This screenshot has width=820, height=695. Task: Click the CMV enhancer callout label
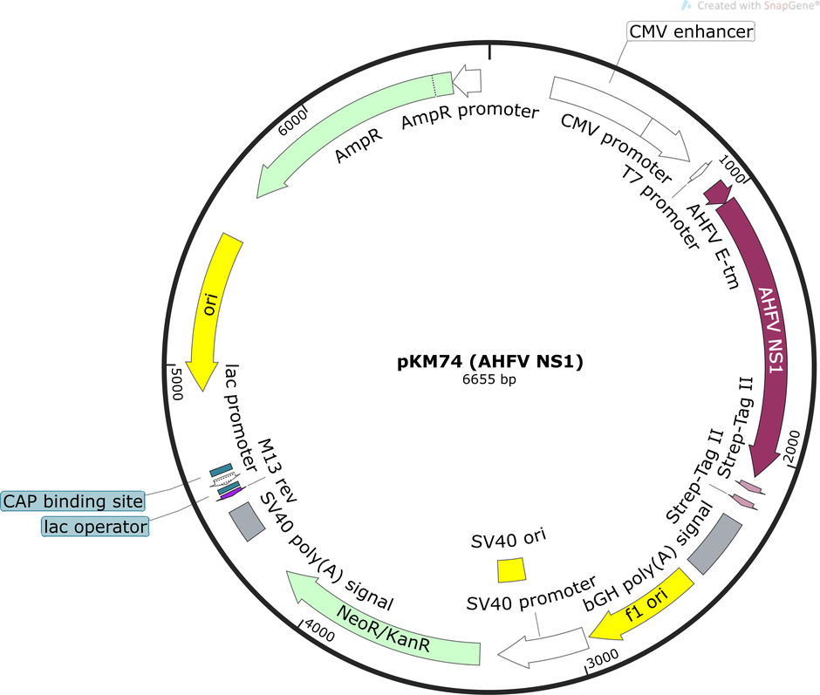coord(691,31)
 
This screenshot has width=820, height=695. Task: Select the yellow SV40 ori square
coord(511,570)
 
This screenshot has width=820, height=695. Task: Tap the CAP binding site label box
coord(72,501)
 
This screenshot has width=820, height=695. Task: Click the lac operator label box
coord(95,527)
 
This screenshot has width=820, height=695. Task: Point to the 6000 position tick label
coord(292,124)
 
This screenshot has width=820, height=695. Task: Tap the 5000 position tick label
coord(177,384)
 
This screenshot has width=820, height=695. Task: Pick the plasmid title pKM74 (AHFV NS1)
coord(490,361)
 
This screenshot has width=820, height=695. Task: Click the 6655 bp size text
coord(489,379)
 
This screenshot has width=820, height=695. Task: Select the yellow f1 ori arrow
coord(642,605)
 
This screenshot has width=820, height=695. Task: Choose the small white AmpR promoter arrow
coord(467,81)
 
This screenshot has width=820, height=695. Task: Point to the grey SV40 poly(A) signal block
coord(247,521)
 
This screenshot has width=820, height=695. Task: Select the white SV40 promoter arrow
coord(543,647)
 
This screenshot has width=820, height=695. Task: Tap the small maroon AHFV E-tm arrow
coord(717,193)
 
